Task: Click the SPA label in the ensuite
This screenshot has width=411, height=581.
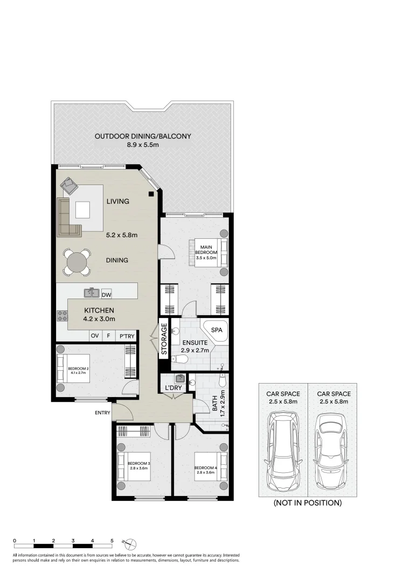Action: click(x=217, y=329)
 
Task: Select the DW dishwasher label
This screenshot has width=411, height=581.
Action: click(x=106, y=294)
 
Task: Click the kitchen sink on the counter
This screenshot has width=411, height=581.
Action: click(x=91, y=293)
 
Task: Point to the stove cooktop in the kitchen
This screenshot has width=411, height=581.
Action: click(x=62, y=316)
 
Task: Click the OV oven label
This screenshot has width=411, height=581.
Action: click(x=95, y=336)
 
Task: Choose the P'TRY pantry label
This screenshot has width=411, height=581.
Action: click(x=127, y=336)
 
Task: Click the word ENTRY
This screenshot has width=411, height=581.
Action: click(x=102, y=413)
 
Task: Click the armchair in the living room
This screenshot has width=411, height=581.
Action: click(x=69, y=186)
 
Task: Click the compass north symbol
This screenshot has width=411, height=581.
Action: click(x=133, y=542)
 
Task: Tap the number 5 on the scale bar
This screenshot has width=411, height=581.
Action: click(x=112, y=540)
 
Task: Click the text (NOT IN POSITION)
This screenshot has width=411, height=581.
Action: click(x=308, y=503)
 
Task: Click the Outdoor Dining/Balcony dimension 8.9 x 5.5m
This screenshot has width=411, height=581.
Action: click(x=142, y=145)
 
